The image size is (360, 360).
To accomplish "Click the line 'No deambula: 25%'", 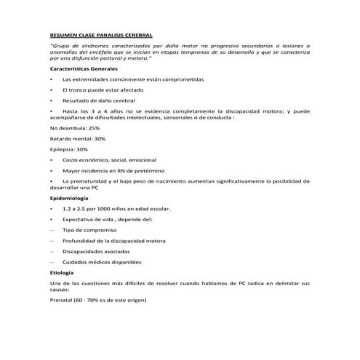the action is click(x=74, y=127).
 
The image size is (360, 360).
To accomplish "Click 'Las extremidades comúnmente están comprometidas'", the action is click(x=133, y=78).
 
